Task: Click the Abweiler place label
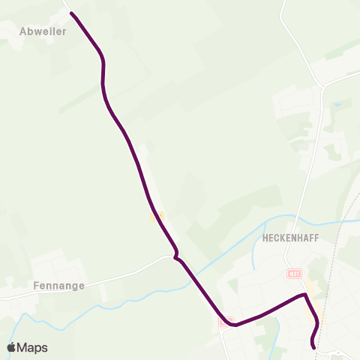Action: tap(43, 32)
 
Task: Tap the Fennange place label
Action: tap(58, 286)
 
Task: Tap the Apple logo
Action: tap(11, 347)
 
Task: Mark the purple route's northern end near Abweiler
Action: tap(72, 13)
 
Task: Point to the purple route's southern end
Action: tap(313, 347)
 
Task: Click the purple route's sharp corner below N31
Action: tap(304, 295)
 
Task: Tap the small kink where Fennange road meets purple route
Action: tap(175, 257)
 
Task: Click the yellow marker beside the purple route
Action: tap(156, 217)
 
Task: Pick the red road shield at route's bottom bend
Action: tap(229, 321)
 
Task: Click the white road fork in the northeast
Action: tap(323, 84)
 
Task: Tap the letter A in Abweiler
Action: tap(24, 32)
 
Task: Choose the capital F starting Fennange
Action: tap(37, 286)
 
